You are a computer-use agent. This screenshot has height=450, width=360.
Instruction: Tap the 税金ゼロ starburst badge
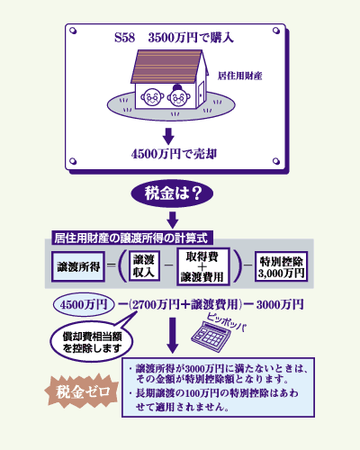[82, 391]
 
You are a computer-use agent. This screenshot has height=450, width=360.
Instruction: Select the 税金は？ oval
[172, 193]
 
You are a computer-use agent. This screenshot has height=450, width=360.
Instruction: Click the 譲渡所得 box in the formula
[78, 266]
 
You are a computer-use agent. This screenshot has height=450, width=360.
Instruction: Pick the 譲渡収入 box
[144, 266]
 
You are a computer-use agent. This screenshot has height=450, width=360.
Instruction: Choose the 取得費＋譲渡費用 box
[202, 266]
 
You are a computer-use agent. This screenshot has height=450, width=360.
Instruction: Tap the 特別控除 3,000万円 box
[281, 266]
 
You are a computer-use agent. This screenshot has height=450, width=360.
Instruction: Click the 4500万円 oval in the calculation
[84, 305]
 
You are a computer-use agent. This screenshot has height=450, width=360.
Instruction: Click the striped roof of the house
[168, 67]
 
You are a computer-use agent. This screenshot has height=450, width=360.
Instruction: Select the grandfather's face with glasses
[152, 96]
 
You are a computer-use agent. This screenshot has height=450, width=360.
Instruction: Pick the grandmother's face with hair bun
[178, 96]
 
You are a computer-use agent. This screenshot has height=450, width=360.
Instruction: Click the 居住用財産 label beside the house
[240, 76]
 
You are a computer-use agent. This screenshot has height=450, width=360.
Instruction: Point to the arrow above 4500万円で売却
[168, 137]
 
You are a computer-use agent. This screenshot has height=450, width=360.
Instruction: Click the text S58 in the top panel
[124, 38]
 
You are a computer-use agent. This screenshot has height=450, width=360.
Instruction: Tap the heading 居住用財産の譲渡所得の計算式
[130, 238]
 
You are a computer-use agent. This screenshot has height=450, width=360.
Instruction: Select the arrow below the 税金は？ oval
[173, 220]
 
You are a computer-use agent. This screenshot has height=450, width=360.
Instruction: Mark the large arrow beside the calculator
[173, 336]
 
